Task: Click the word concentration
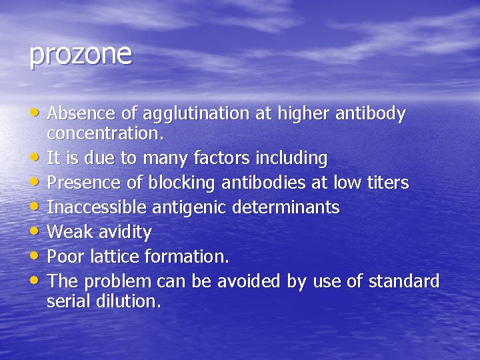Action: [103, 133]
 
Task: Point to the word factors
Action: [220, 159]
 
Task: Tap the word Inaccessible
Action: [98, 207]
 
